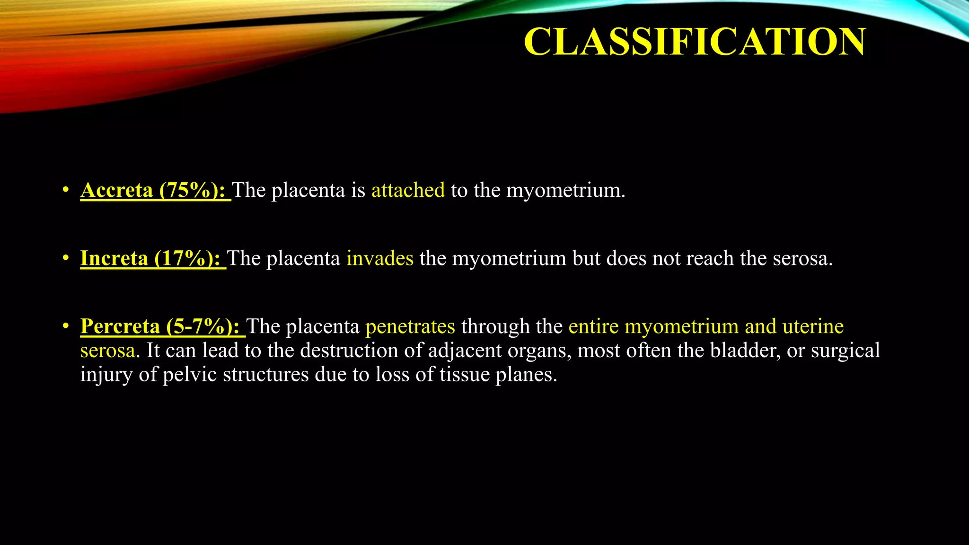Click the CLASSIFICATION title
click(x=695, y=42)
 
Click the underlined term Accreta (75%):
click(x=155, y=190)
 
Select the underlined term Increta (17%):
click(x=152, y=258)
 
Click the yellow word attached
click(x=408, y=190)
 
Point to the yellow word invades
click(x=380, y=258)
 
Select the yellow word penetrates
click(x=410, y=326)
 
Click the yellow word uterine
click(x=813, y=326)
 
